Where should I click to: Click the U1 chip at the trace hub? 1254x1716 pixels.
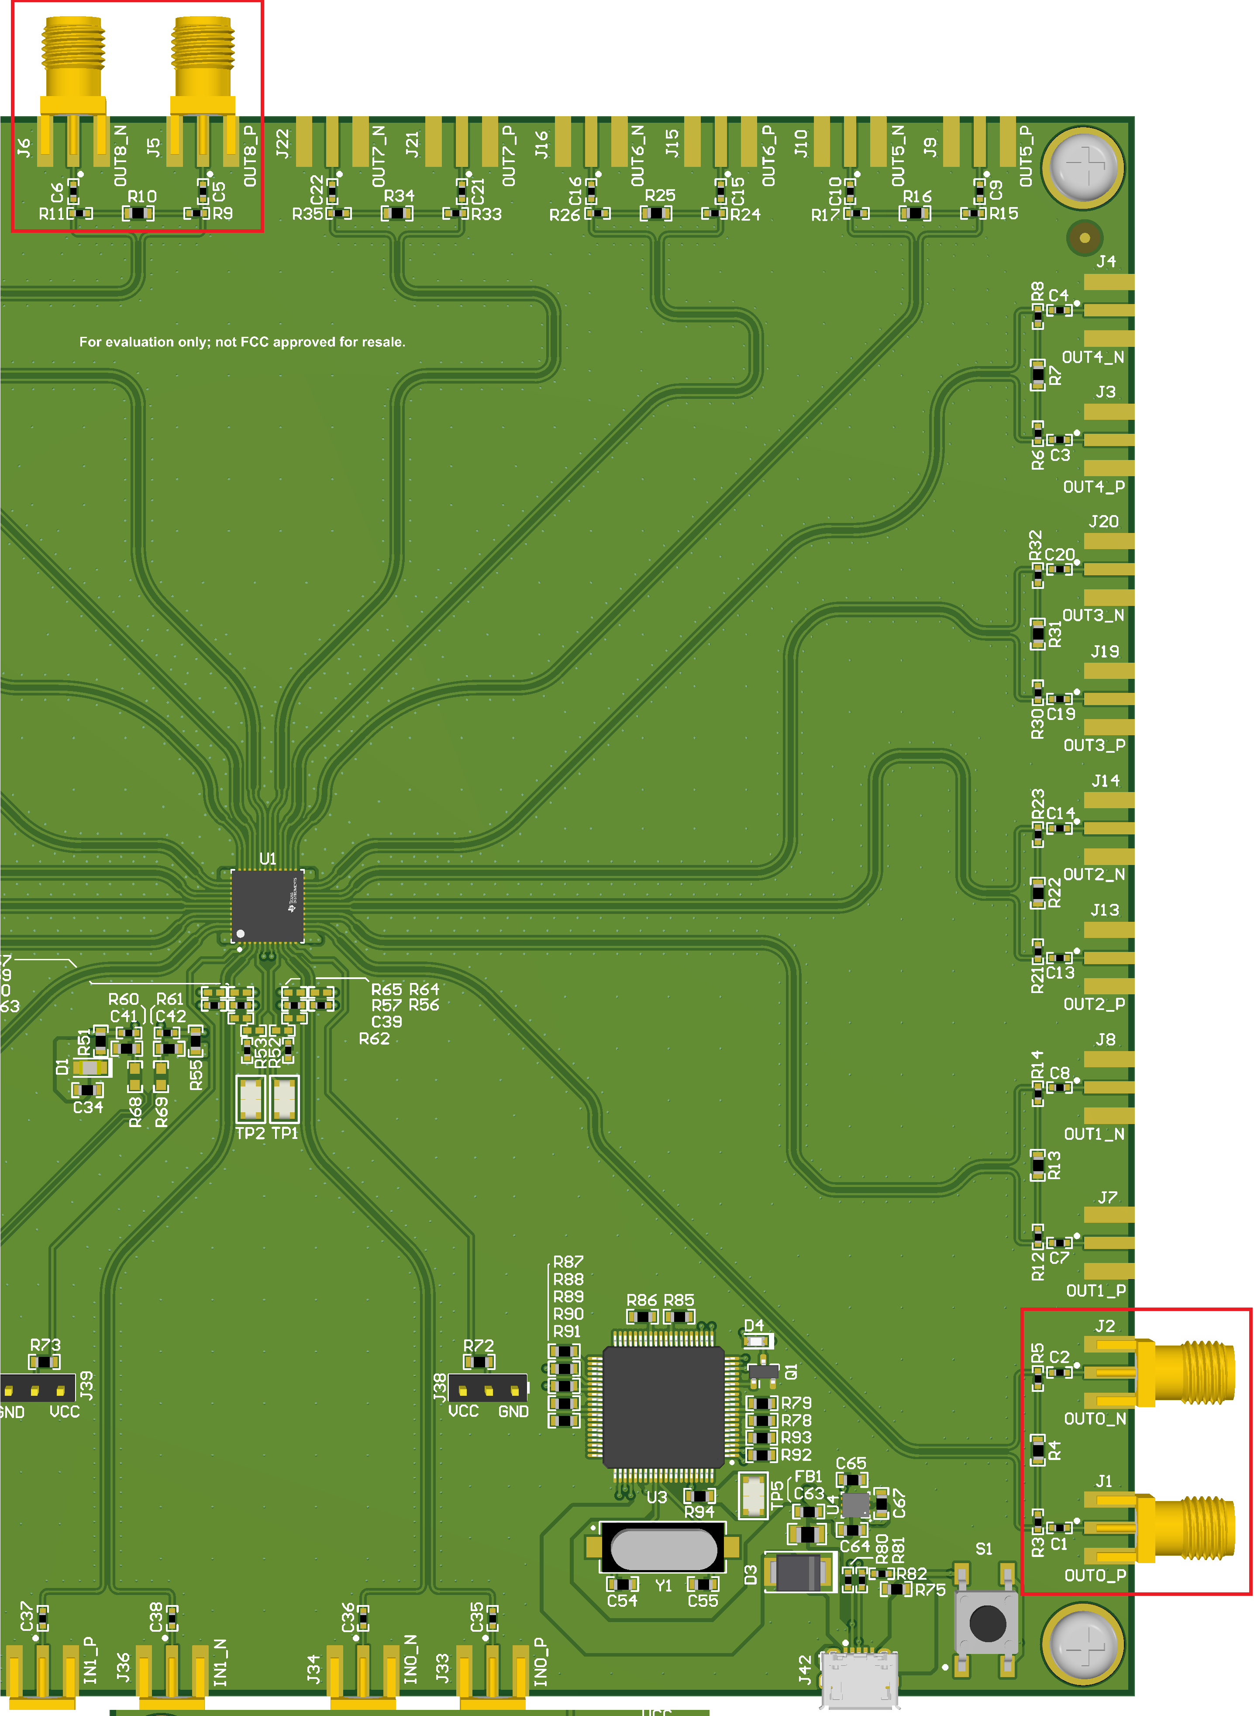(267, 906)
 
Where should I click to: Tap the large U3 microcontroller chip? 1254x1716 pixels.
(663, 1406)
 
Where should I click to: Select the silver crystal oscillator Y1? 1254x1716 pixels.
(663, 1550)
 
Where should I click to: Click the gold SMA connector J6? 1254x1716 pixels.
(73, 83)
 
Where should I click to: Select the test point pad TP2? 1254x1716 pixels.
(251, 1099)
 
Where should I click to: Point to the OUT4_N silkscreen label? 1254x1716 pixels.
(1092, 357)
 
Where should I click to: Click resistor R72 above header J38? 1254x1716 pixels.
(479, 1361)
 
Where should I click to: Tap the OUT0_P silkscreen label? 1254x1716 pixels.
(1095, 1575)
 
